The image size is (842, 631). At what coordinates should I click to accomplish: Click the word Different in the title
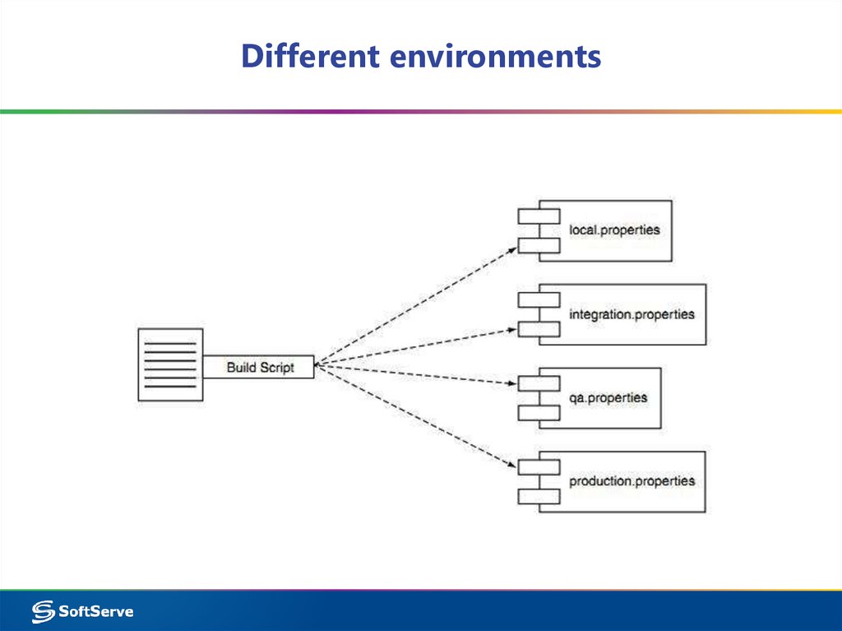[x=310, y=55]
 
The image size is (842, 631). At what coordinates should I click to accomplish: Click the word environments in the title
[x=495, y=57]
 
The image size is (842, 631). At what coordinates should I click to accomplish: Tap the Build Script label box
[x=258, y=367]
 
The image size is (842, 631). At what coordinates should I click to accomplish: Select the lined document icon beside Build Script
[x=170, y=365]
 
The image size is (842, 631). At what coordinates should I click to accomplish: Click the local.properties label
[x=614, y=230]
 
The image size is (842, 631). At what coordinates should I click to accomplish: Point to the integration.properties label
[x=631, y=314]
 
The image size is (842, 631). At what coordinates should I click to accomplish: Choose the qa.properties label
[x=608, y=397]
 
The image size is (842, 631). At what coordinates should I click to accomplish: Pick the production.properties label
[x=632, y=481]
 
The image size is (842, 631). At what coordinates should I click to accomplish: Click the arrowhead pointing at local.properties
[x=512, y=250]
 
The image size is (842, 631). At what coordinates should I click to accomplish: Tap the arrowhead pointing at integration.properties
[x=512, y=330]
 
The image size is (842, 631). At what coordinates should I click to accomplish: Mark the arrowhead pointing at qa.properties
[x=512, y=383]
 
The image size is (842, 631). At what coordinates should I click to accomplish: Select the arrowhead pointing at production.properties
[x=512, y=464]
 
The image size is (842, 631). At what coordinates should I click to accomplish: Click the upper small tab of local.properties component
[x=539, y=216]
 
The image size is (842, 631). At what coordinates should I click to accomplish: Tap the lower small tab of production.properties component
[x=539, y=497]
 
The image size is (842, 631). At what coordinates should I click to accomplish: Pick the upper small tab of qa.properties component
[x=539, y=383]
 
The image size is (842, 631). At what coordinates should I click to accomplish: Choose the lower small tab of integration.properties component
[x=539, y=329]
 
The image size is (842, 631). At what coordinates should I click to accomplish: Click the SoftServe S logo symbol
[x=43, y=611]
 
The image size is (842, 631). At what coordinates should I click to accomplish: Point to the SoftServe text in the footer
[x=95, y=611]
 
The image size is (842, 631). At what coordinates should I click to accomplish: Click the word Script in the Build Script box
[x=277, y=368]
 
